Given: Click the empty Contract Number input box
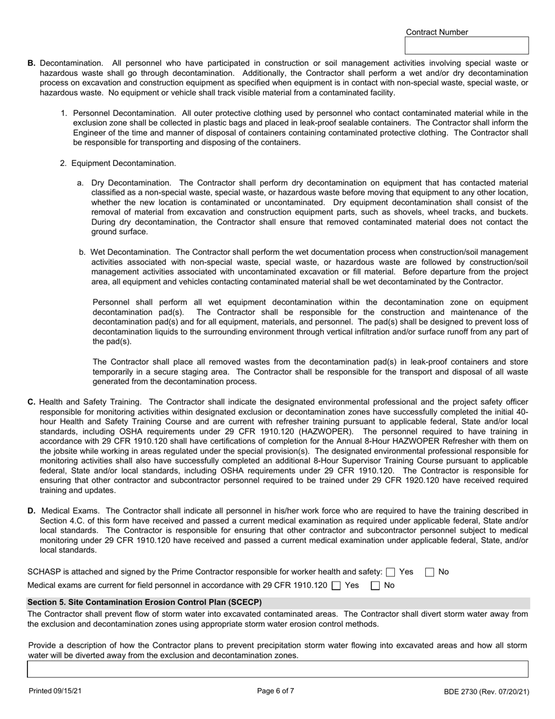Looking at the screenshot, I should [466, 46].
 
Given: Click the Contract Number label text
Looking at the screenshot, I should [436, 32].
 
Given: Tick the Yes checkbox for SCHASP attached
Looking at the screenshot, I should [391, 572].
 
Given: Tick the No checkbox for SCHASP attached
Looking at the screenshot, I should [429, 572].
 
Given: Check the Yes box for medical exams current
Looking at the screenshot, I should [336, 585].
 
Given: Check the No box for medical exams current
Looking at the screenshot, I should [376, 585].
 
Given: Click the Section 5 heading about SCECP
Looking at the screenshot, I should [145, 602].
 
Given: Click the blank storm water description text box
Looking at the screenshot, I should [278, 669].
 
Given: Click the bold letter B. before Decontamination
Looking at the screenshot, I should [32, 63].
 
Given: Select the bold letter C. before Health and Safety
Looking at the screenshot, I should [32, 402].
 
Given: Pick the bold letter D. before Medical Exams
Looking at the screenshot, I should [32, 511].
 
